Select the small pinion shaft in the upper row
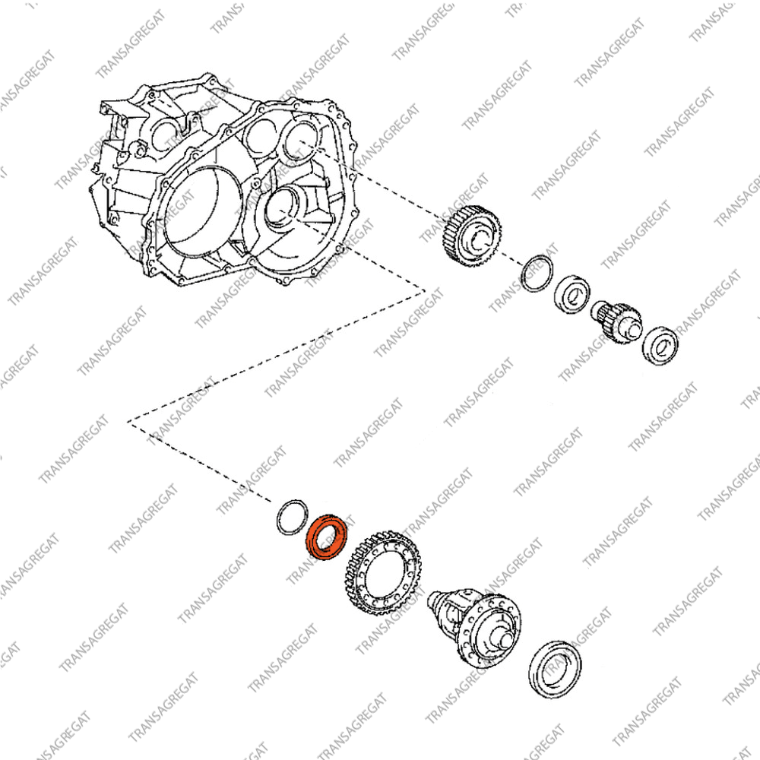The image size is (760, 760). [616, 321]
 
